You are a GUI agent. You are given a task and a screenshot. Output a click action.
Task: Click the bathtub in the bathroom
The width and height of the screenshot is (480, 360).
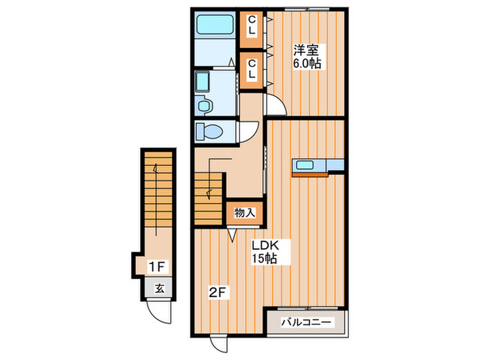(215, 25)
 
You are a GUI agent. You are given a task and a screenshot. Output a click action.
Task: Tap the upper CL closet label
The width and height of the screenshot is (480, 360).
(252, 25)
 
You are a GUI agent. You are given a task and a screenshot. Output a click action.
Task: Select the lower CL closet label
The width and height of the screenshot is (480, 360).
(252, 69)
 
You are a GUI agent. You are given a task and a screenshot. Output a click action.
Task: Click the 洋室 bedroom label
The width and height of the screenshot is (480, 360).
(306, 50)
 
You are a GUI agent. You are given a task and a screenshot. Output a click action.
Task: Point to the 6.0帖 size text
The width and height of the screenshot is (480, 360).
(307, 63)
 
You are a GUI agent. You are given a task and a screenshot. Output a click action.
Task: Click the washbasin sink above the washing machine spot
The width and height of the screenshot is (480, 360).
(202, 82)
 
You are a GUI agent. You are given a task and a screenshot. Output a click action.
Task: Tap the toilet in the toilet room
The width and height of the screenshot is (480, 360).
(209, 132)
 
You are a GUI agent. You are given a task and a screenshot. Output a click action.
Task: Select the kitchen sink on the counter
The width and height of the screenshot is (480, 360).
(304, 165)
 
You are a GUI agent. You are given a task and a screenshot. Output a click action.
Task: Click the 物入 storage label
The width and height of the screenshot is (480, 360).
(245, 213)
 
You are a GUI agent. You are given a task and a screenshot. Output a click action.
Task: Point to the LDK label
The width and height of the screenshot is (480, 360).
(265, 245)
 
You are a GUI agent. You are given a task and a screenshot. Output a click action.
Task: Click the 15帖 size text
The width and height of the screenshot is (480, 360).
(264, 259)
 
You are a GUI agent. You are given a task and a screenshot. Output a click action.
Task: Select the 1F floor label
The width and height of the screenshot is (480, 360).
(157, 267)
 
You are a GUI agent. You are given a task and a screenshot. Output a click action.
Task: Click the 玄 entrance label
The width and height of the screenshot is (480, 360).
(159, 289)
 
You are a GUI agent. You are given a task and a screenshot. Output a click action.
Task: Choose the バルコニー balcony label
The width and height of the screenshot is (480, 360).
(307, 322)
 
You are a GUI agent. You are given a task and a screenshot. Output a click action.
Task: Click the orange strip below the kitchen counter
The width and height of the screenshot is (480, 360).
(310, 175)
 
